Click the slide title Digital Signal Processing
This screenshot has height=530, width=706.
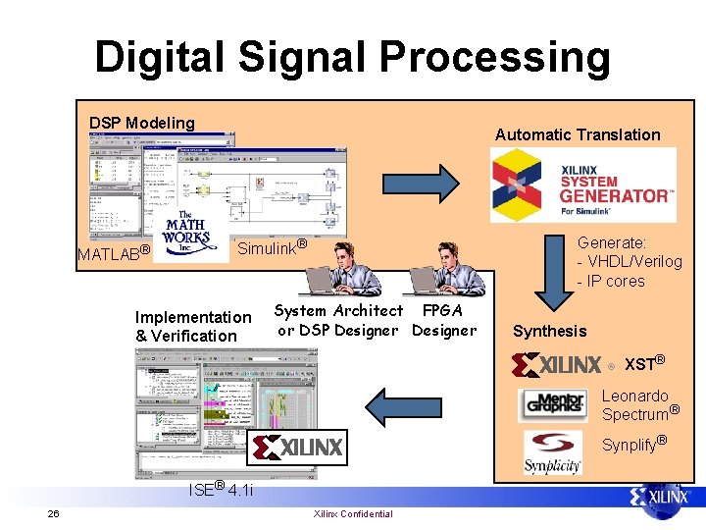pos(352,57)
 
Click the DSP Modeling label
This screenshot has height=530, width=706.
pos(142,123)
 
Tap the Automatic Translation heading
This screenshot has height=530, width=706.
pos(578,134)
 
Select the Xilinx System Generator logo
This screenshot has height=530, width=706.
pos(583,185)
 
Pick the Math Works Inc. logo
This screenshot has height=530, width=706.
pos(186,233)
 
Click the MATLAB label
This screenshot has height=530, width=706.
pos(113,253)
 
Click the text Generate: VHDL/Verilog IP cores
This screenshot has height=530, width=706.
pos(629,261)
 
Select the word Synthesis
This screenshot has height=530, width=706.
pos(549,332)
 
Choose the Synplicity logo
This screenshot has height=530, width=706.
pos(552,452)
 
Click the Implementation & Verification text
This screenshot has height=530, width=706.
pos(192,326)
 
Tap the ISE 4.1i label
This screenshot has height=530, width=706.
pos(220,489)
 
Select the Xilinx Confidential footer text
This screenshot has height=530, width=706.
pos(352,514)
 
